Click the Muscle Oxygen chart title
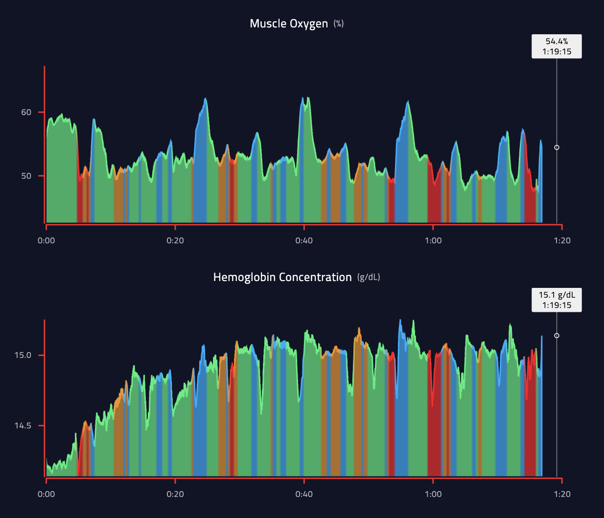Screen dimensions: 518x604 [288, 24]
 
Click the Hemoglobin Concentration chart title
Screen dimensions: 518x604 [282, 277]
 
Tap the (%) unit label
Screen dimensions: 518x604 [339, 24]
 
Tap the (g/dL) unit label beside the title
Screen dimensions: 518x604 [369, 277]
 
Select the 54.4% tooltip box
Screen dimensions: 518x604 [557, 47]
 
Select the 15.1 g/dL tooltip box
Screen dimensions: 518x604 [557, 300]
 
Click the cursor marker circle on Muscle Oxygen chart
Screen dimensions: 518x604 [557, 147]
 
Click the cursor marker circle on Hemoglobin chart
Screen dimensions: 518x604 [557, 335]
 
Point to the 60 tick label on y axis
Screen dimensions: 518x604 [26, 112]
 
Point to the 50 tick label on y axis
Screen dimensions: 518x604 [26, 176]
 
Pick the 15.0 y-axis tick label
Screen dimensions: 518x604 [23, 355]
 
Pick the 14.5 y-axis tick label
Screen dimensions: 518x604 [23, 425]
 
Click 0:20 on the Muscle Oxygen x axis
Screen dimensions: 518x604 [175, 240]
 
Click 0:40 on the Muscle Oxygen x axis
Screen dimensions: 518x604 [304, 240]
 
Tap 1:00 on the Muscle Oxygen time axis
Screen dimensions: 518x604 [433, 240]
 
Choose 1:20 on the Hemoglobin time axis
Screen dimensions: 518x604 [562, 494]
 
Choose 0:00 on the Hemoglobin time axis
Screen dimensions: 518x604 [46, 494]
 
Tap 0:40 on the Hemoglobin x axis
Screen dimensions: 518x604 [304, 494]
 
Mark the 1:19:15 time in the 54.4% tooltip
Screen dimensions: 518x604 [557, 51]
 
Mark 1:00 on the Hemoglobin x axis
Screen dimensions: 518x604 [433, 494]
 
